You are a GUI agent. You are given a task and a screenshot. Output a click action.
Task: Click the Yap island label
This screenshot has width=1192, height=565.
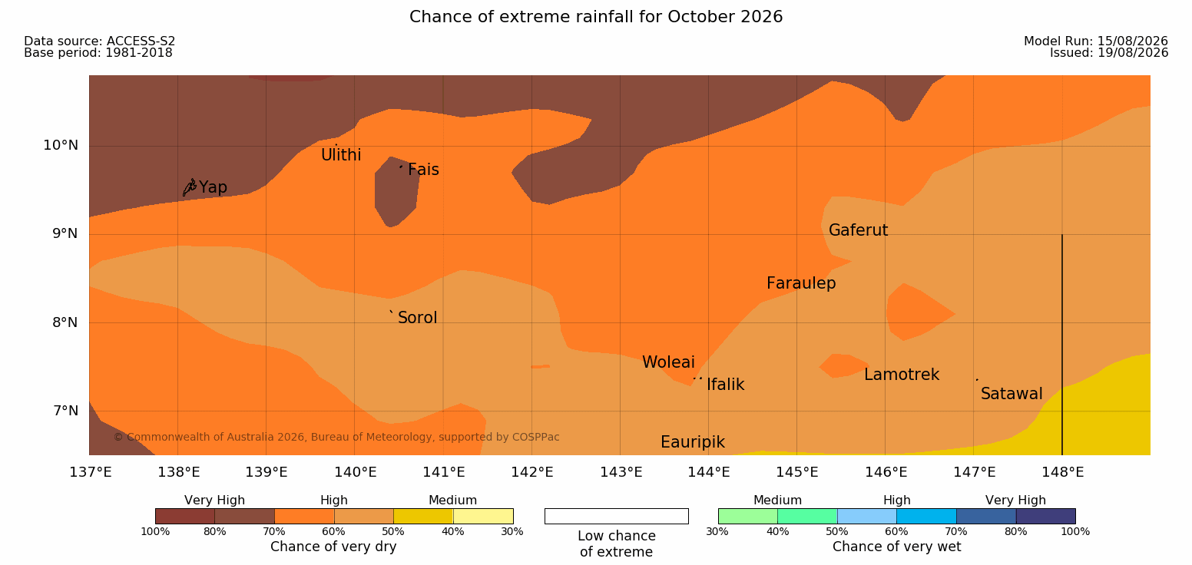click(213, 187)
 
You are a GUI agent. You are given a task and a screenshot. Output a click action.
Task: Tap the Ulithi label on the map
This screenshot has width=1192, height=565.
click(341, 155)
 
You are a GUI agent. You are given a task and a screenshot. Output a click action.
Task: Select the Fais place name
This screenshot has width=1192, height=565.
click(424, 170)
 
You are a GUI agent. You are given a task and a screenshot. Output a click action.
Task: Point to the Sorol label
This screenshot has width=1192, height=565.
click(418, 318)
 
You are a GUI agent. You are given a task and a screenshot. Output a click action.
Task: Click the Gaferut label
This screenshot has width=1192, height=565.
click(859, 230)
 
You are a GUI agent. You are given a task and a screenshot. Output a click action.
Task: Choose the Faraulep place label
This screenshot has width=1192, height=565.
click(801, 283)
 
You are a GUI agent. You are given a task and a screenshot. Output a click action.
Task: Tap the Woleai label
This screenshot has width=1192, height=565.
click(668, 362)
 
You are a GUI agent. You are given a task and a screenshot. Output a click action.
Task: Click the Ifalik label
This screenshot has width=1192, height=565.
click(725, 385)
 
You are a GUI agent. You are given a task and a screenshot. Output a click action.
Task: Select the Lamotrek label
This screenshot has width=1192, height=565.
click(902, 375)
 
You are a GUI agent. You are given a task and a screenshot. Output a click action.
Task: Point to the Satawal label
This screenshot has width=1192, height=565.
click(1012, 394)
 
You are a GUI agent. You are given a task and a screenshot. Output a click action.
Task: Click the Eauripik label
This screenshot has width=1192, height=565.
click(693, 442)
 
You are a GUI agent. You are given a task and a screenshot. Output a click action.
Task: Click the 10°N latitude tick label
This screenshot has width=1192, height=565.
click(61, 145)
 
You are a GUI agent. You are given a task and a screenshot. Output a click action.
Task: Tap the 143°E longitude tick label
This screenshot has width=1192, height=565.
click(621, 472)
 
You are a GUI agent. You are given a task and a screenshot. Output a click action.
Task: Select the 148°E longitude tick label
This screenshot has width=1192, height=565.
click(1063, 472)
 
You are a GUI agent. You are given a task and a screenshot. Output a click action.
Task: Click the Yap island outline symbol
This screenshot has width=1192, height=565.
click(190, 187)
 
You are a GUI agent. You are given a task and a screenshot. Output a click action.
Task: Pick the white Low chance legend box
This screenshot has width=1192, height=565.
click(617, 516)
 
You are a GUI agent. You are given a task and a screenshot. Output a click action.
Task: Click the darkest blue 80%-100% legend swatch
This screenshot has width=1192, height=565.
click(1045, 516)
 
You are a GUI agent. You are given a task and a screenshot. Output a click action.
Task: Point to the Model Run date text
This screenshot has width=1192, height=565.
click(1096, 41)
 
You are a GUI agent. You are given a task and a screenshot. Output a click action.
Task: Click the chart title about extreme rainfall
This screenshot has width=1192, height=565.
click(596, 17)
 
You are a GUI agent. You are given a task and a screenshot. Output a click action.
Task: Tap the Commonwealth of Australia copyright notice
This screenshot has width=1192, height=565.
click(336, 438)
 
